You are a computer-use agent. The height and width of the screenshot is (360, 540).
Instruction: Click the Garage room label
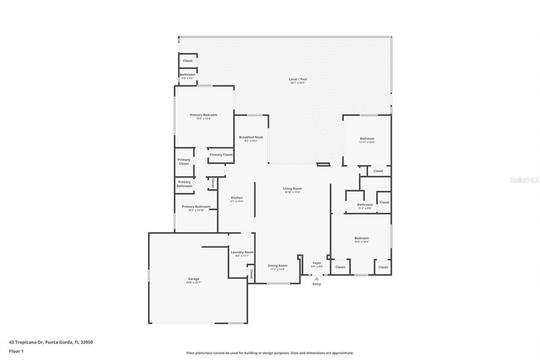(x=194, y=279)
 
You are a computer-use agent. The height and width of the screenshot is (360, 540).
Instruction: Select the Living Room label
(x=292, y=189)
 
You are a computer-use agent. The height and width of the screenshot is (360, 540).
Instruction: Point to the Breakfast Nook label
(x=251, y=137)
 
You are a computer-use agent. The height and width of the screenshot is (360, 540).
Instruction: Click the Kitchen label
(x=237, y=198)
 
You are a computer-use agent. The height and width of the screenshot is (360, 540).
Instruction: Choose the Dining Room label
(x=278, y=265)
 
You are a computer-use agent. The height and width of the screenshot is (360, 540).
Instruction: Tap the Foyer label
(x=317, y=263)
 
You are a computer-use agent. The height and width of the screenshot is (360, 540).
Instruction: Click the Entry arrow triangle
(x=316, y=279)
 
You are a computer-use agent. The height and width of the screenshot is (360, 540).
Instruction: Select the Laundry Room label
(x=242, y=252)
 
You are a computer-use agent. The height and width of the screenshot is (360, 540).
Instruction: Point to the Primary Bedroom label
(x=203, y=115)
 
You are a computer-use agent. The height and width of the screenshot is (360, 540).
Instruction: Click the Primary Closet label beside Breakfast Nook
(x=221, y=155)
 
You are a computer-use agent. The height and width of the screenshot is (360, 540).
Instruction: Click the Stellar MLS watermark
(x=524, y=180)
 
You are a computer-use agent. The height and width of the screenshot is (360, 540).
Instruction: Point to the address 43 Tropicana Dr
(x=51, y=342)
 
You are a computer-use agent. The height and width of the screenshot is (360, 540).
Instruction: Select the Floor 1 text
(x=16, y=351)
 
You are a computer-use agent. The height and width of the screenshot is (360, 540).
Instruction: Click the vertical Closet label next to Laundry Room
(x=251, y=273)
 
